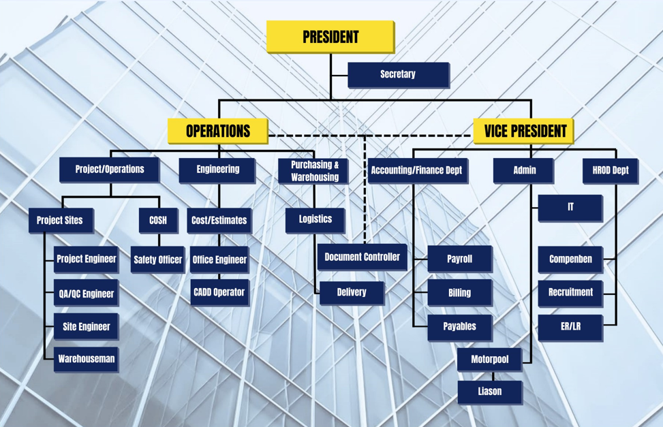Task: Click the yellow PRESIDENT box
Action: [x=330, y=37]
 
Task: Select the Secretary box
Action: [x=399, y=75]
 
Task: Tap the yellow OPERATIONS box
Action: [x=218, y=131]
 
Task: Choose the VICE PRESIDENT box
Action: [x=523, y=131]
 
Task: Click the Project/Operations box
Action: [x=110, y=170]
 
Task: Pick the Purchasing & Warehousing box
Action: [x=313, y=171]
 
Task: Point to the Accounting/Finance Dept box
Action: [x=418, y=171]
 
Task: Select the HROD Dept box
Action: [x=610, y=171]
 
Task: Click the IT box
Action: [x=570, y=208]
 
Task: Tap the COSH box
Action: [x=159, y=220]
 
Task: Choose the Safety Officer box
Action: [x=157, y=259]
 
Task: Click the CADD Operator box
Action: [x=219, y=293]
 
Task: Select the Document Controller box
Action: [x=363, y=257]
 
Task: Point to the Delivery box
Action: [x=352, y=293]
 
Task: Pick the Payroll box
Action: [x=460, y=259]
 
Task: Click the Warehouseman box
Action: [x=87, y=360]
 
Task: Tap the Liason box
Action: [x=490, y=392]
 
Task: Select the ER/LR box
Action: [x=570, y=327]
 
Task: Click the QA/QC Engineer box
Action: [x=87, y=293]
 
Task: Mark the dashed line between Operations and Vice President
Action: [x=371, y=136]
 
